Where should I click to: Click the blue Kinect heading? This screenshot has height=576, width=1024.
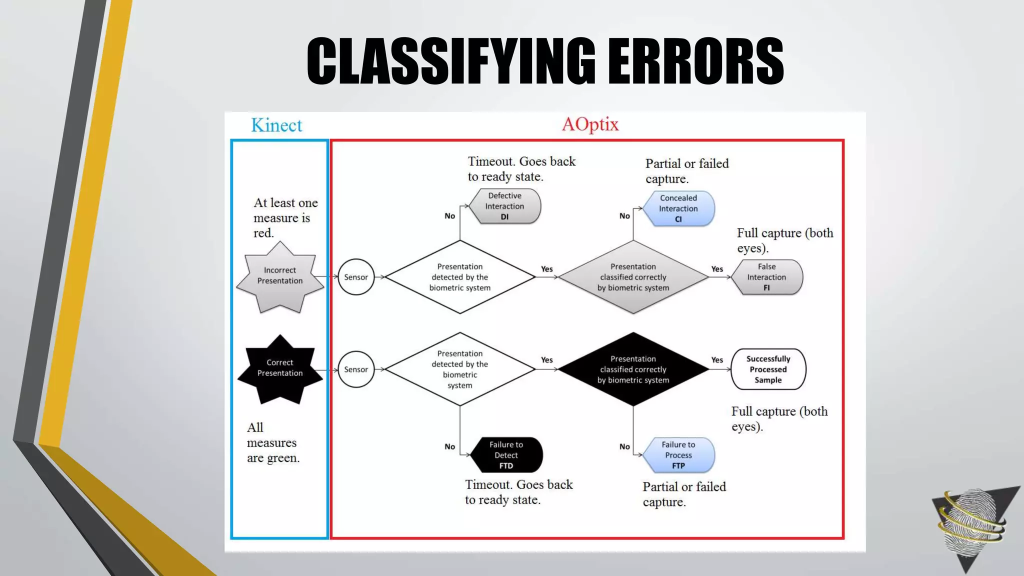click(276, 125)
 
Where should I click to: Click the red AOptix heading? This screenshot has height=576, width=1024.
click(590, 124)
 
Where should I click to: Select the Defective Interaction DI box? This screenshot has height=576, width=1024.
click(504, 206)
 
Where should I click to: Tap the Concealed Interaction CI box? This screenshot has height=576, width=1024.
click(678, 208)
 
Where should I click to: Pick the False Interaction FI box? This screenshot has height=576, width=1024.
click(766, 277)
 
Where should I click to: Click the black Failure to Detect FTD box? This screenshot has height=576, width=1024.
click(506, 455)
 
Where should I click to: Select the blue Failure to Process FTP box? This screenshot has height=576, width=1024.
click(678, 455)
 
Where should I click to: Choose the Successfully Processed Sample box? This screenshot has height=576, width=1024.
click(768, 369)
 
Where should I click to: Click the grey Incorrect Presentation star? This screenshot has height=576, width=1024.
click(280, 276)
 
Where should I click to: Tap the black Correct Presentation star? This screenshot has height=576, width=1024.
click(280, 369)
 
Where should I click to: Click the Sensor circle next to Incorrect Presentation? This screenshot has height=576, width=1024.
click(356, 277)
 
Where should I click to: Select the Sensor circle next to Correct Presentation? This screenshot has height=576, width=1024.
click(356, 369)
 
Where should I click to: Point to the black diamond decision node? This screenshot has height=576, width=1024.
click(633, 369)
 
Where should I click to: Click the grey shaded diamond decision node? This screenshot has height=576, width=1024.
click(633, 277)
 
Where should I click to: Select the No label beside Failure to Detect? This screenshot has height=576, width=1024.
click(450, 446)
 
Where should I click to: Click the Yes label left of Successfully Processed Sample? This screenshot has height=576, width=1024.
click(717, 360)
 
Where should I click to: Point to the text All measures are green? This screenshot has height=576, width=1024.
click(273, 442)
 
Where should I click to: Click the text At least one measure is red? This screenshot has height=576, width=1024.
click(285, 217)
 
